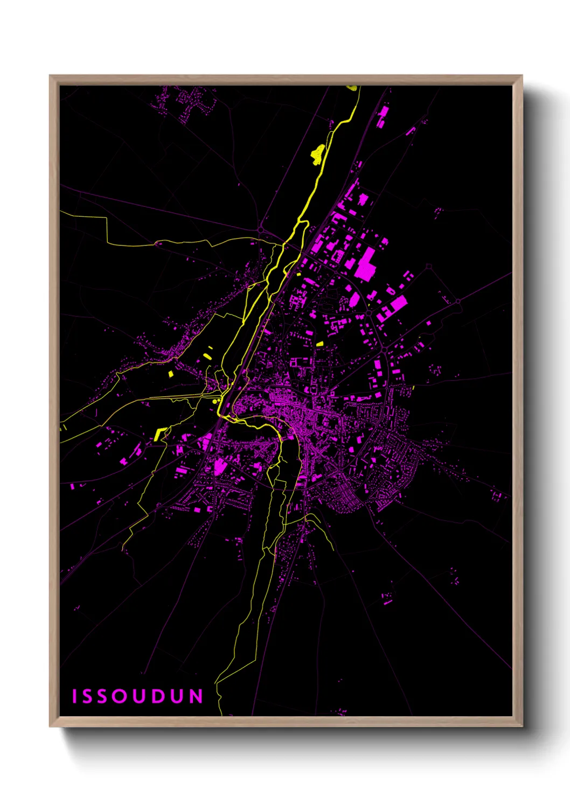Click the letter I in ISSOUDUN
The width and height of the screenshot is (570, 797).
click(75, 696)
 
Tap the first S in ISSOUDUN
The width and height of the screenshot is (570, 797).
click(89, 696)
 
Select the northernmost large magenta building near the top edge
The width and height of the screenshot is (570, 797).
click(384, 115)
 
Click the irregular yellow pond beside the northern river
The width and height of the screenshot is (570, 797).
click(317, 153)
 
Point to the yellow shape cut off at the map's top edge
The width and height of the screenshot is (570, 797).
click(352, 87)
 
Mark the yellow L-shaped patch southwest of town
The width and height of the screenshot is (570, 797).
click(160, 434)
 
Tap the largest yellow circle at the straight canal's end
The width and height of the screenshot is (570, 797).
click(216, 401)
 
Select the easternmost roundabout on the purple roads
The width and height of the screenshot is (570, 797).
click(458, 301)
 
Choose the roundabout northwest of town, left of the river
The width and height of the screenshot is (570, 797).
click(261, 230)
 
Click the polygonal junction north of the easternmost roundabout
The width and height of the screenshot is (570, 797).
click(429, 266)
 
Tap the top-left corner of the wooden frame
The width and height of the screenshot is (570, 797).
click(50, 76)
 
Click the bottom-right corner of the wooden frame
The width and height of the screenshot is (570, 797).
click(522, 726)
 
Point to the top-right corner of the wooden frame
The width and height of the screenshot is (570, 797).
click(522, 76)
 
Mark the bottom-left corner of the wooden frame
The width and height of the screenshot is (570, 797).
click(50, 726)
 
